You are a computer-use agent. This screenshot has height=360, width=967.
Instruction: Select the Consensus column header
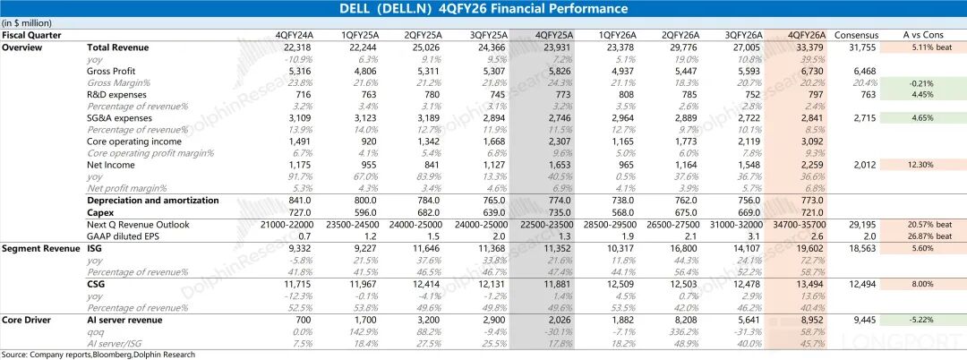(x=856, y=35)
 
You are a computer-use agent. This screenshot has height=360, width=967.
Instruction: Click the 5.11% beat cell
(x=922, y=46)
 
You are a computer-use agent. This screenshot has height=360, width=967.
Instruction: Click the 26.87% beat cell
(x=922, y=235)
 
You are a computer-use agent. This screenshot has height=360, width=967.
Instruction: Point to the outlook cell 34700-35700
(x=803, y=223)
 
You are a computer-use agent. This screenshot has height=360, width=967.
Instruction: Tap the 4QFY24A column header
(x=296, y=35)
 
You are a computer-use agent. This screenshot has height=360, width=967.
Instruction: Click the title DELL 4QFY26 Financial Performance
(x=483, y=9)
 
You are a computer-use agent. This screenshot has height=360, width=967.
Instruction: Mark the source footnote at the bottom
(x=98, y=355)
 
